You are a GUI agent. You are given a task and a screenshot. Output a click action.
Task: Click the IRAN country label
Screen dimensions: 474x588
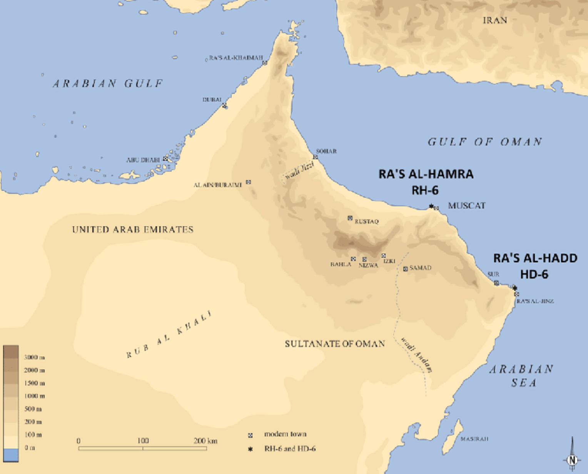pyautogui.click(x=495, y=20)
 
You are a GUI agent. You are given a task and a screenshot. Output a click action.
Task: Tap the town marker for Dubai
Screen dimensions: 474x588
pyautogui.click(x=225, y=105)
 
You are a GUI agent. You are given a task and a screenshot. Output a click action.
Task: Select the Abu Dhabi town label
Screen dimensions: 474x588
pyautogui.click(x=143, y=160)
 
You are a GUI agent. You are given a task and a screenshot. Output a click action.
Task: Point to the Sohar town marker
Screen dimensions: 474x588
pyautogui.click(x=315, y=157)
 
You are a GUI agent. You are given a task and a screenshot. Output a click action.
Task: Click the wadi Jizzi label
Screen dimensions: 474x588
pyautogui.click(x=299, y=171)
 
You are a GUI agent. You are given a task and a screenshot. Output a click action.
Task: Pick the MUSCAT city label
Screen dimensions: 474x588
pyautogui.click(x=466, y=206)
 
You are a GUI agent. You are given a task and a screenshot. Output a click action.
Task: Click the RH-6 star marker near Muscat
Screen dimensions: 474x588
pyautogui.click(x=431, y=206)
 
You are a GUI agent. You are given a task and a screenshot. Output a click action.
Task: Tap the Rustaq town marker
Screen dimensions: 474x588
pyautogui.click(x=350, y=218)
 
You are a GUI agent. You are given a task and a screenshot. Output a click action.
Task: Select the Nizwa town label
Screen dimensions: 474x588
pyautogui.click(x=368, y=265)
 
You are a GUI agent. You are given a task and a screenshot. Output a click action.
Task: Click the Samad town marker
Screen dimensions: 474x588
pyautogui.click(x=405, y=269)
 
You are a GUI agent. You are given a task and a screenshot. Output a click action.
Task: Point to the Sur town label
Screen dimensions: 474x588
pyautogui.click(x=493, y=274)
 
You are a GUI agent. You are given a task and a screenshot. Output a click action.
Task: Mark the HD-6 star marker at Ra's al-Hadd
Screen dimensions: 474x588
pyautogui.click(x=515, y=288)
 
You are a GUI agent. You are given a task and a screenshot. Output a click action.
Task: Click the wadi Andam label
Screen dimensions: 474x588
pyautogui.click(x=416, y=355)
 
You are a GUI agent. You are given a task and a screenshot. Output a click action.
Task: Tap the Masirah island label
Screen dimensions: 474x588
pyautogui.click(x=474, y=439)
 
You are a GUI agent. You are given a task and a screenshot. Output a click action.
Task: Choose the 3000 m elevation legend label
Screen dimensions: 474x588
pyautogui.click(x=34, y=357)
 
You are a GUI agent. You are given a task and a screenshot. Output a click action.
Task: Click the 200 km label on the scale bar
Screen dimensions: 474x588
pyautogui.click(x=205, y=441)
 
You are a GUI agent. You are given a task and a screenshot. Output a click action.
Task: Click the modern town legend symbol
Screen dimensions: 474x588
pyautogui.click(x=250, y=435)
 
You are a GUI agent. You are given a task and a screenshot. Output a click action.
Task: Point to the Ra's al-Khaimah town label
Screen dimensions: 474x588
pyautogui.click(x=236, y=58)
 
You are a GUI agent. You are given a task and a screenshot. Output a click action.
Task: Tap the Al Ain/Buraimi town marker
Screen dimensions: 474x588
pyautogui.click(x=248, y=182)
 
